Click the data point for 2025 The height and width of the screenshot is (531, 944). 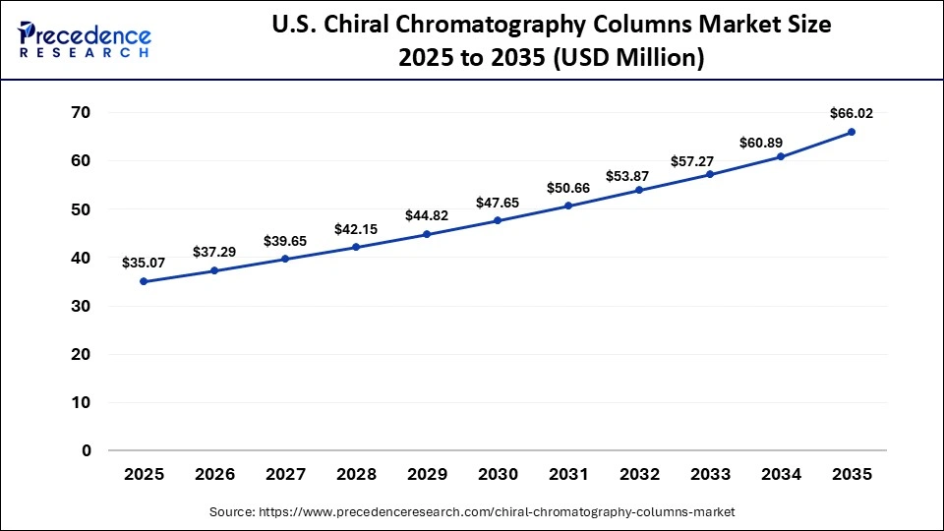(x=144, y=281)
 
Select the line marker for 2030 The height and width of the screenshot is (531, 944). (x=498, y=220)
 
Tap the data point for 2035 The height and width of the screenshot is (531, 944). (x=852, y=132)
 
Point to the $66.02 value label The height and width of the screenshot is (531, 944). (x=852, y=113)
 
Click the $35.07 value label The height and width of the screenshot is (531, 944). (x=144, y=263)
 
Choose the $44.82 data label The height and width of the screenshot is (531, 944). (x=427, y=215)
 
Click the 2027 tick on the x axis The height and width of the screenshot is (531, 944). (x=285, y=474)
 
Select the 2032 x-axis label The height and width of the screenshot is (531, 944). (x=639, y=474)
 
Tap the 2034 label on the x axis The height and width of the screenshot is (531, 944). (x=781, y=474)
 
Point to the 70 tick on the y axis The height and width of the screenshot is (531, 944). (x=80, y=113)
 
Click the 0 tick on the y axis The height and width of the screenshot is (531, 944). (x=87, y=451)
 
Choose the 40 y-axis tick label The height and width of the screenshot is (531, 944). (x=80, y=258)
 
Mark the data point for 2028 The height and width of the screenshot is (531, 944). (x=356, y=247)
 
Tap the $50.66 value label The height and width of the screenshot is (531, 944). (x=568, y=187)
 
